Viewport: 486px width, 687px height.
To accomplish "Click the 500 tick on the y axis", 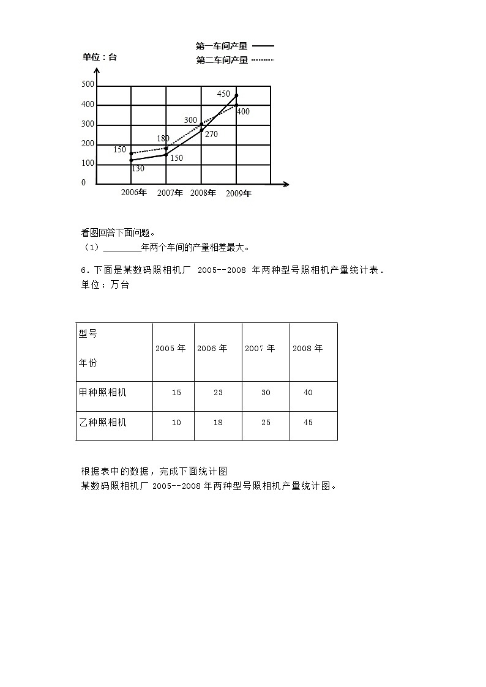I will click(88, 85).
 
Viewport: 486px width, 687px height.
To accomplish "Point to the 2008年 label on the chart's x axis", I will click(203, 193).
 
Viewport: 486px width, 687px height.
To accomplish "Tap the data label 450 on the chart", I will click(223, 94).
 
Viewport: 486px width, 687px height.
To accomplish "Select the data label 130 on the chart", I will click(138, 169).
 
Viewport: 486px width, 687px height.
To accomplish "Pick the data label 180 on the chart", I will click(163, 139).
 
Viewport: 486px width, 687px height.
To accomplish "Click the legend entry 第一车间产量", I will click(222, 46).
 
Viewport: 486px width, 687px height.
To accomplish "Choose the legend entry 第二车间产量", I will click(222, 60).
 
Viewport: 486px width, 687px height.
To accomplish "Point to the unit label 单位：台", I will click(100, 58).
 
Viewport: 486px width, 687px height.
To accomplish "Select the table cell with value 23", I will click(218, 393).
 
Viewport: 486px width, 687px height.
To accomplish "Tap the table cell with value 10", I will click(176, 423).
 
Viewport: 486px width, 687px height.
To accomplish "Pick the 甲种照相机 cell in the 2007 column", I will click(266, 393).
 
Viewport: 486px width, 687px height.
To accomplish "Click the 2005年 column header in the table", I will click(170, 349).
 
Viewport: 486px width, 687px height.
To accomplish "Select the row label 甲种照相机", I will click(103, 393).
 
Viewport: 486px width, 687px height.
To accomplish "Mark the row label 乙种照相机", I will click(103, 423).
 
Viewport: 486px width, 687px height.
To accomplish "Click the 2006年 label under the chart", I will click(134, 193).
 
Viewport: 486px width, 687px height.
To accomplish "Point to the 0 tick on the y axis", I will click(84, 183).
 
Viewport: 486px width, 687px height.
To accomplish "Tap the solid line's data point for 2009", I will click(237, 95).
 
